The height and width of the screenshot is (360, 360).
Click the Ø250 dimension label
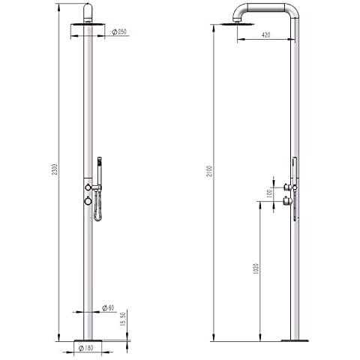click(x=119, y=32)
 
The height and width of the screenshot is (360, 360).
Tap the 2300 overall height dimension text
click(x=55, y=169)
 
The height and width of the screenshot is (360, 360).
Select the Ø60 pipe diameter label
click(x=108, y=308)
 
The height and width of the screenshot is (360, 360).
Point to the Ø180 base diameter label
click(x=85, y=348)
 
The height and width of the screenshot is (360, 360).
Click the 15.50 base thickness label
click(x=122, y=319)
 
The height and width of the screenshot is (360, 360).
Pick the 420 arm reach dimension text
click(x=265, y=35)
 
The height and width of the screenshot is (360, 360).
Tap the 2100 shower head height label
click(x=209, y=171)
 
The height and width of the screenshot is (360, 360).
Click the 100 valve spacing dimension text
click(x=269, y=193)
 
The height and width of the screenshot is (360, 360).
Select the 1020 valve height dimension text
click(x=256, y=268)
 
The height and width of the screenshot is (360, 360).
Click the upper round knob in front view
click(x=88, y=187)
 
